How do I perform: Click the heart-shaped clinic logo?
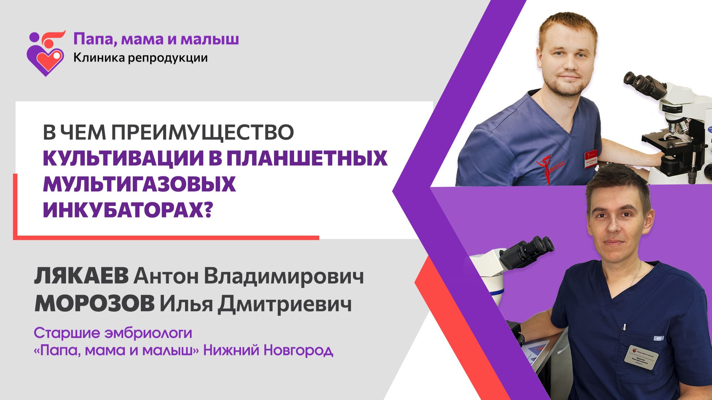pos(46,54)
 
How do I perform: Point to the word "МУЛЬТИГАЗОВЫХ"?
pos(139,184)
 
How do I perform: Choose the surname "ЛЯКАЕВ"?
pos(81,276)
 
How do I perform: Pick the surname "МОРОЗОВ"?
pos(94,304)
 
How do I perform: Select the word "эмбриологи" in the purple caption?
pos(148,333)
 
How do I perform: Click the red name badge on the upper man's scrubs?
pos(590,158)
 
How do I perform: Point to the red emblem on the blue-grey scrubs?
pos(549,167)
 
